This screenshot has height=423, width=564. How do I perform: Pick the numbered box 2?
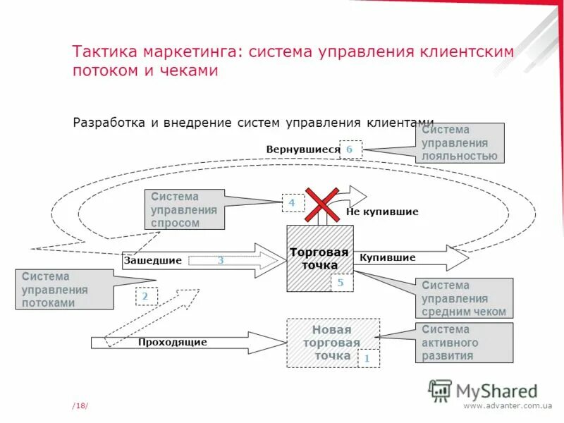point(146,297)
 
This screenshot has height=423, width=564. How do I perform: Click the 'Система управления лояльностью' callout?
point(460,143)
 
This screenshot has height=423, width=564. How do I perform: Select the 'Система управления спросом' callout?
point(184,209)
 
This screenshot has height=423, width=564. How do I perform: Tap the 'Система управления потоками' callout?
point(63,290)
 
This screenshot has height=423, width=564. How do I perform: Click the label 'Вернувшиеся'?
point(302,149)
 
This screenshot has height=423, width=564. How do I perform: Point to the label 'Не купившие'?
point(382,211)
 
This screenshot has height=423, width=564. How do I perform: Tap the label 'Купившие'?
point(387,258)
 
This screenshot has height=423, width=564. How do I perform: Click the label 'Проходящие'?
point(172,343)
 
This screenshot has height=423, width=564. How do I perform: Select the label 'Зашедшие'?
point(153,260)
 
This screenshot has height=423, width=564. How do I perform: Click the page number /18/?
point(80,405)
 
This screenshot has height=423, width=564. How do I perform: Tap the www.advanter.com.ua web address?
point(508,405)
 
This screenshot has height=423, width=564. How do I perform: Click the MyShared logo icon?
point(440,390)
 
